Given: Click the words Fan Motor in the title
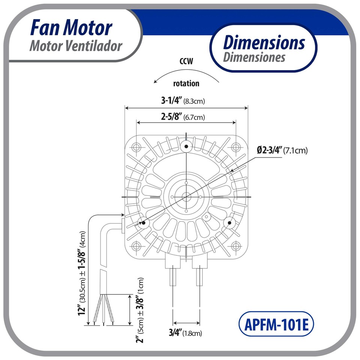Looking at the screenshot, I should [71, 28].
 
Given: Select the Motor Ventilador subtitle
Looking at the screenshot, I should [76, 46].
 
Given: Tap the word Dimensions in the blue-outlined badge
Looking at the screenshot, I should [264, 42].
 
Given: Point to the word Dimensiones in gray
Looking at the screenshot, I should [254, 57].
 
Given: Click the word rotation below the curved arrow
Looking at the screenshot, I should [186, 83].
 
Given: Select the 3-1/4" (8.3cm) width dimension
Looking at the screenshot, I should [183, 100].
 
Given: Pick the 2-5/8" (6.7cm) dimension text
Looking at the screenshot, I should [183, 117].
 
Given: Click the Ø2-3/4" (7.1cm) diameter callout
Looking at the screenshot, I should [282, 150].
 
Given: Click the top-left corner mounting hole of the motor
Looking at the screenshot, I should [136, 147].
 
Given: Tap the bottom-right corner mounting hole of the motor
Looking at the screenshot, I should [235, 246].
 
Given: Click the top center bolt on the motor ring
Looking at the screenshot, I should [186, 146].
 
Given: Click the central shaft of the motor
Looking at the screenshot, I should [186, 196].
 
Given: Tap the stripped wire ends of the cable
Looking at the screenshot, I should [103, 311].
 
